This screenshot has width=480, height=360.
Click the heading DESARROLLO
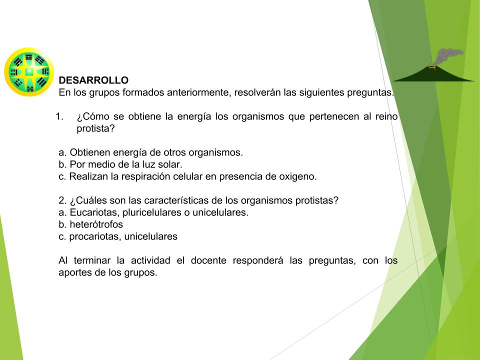click(93, 80)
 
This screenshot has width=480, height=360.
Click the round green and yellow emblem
click(29, 72)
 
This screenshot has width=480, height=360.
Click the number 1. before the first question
click(59, 116)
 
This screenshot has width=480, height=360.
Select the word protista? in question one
click(95, 128)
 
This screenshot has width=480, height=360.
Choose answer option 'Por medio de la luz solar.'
click(120, 164)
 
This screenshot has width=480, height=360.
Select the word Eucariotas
click(94, 212)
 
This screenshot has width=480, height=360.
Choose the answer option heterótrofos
click(90, 224)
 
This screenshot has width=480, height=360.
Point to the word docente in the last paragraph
click(208, 260)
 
